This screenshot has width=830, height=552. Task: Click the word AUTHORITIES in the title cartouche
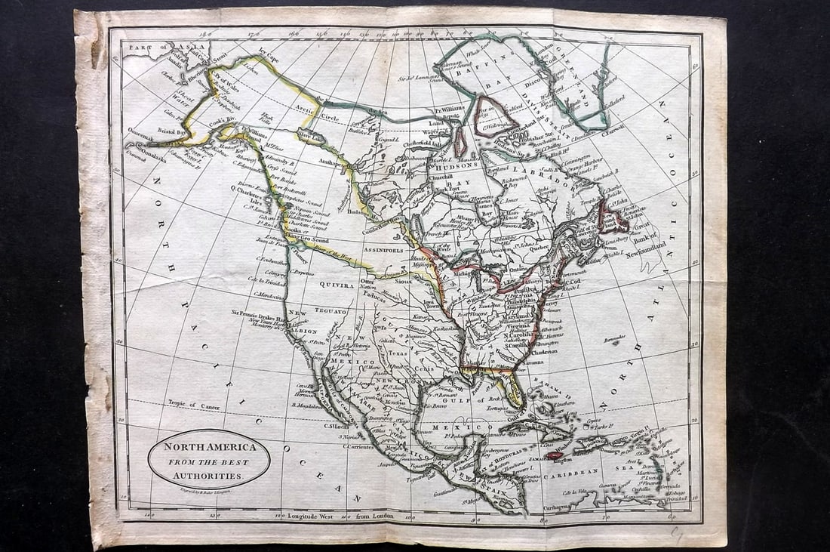point(209,476)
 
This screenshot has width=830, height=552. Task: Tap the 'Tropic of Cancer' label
point(194,406)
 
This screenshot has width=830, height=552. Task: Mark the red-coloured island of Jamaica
point(555,455)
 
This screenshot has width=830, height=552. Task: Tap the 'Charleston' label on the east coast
point(543,351)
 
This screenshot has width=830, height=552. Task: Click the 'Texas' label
point(398,353)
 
